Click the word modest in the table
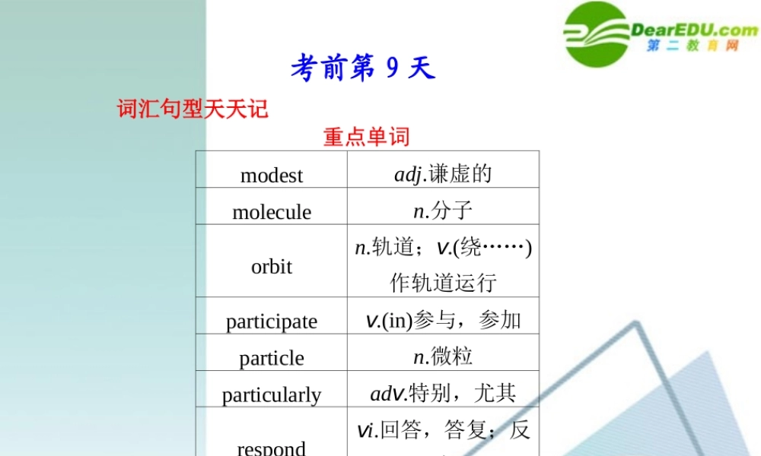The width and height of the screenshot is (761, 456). click(272, 176)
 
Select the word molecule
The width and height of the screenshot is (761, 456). click(272, 212)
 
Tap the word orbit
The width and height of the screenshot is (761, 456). click(272, 267)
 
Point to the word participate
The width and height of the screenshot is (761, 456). click(272, 321)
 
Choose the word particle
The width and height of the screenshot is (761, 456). click(272, 358)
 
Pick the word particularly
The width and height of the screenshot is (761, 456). click(272, 395)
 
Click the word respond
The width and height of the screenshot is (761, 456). click(272, 448)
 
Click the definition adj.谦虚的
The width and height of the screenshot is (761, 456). click(443, 174)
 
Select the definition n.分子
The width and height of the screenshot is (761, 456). click(443, 211)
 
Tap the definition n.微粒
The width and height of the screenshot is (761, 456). click(443, 356)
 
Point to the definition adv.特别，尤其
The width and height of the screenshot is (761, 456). click(443, 393)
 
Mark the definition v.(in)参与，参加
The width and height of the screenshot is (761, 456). click(443, 320)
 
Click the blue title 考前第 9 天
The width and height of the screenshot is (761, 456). click(362, 69)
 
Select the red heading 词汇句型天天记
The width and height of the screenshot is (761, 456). click(193, 109)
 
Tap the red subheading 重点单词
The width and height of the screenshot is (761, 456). click(366, 137)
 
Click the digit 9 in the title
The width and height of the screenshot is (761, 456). click(393, 69)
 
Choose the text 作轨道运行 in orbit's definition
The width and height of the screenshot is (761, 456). click(443, 283)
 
